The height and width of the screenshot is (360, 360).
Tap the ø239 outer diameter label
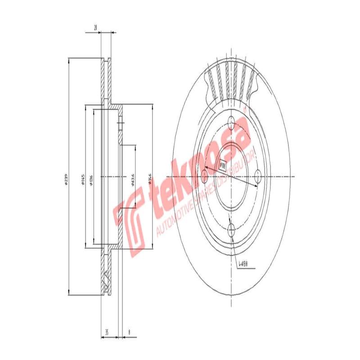pyautogui.click(x=65, y=180)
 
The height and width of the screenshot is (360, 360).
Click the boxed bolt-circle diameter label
pyautogui.click(x=222, y=165)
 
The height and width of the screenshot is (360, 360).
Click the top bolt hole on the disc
pyautogui.click(x=231, y=122)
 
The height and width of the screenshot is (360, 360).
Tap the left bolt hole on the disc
pyautogui.click(x=204, y=177)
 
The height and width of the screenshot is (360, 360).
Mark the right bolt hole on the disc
pyautogui.click(x=258, y=177)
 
